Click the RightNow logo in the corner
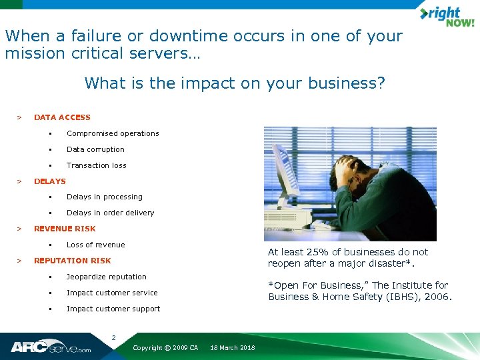point(446,16)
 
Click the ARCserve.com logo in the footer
point(51,347)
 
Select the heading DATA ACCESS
point(62,117)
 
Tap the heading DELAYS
point(50,181)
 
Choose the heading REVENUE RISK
point(65,229)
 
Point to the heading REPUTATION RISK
point(72,261)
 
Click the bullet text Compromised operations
point(113,133)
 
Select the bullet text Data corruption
point(95,149)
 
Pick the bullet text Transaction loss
point(96,165)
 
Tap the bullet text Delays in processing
point(104,197)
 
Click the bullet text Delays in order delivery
point(110,213)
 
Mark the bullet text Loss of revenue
point(95,245)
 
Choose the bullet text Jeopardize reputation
point(106,277)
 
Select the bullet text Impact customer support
point(113,309)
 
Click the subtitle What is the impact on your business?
point(235,83)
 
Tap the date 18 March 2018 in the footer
point(233,348)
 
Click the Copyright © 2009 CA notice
point(165,348)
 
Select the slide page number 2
point(113,337)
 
